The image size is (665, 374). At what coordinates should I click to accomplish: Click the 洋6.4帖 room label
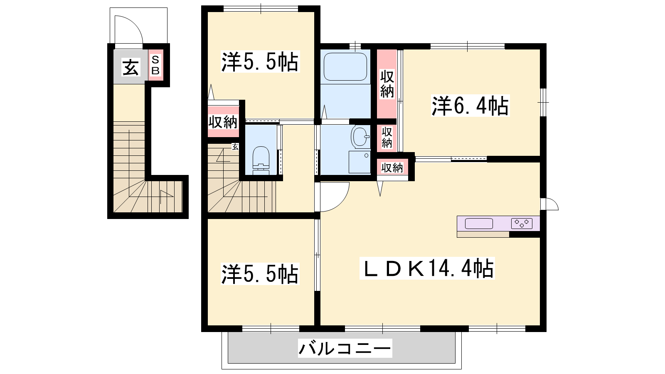coord(470,106)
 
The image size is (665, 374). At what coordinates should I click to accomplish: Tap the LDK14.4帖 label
coord(427,268)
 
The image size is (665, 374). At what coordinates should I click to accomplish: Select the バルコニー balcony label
coord(345,348)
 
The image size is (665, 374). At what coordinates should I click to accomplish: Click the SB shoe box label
coord(155,65)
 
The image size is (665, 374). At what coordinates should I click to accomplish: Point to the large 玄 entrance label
coord(131,67)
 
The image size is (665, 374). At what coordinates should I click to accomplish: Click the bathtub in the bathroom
coord(345,67)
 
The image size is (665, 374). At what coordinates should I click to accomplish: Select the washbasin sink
coord(360,137)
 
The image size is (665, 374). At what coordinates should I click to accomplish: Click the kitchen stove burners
coord(522,223)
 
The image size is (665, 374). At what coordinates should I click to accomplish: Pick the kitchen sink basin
coord(479,224)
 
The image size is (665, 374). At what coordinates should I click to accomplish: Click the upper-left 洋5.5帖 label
coord(260,62)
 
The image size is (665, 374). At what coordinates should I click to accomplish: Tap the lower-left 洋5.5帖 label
coord(260,274)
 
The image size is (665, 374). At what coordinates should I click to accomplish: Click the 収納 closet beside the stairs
coord(223,122)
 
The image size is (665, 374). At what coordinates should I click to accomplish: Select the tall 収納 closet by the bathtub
coord(387,84)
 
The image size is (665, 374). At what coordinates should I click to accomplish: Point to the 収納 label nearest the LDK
coord(392,168)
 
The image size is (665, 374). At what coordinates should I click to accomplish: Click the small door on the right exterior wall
coord(549,204)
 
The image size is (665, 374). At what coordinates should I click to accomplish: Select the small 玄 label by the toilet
coord(235,147)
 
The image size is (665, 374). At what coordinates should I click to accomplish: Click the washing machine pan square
coord(360,162)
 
